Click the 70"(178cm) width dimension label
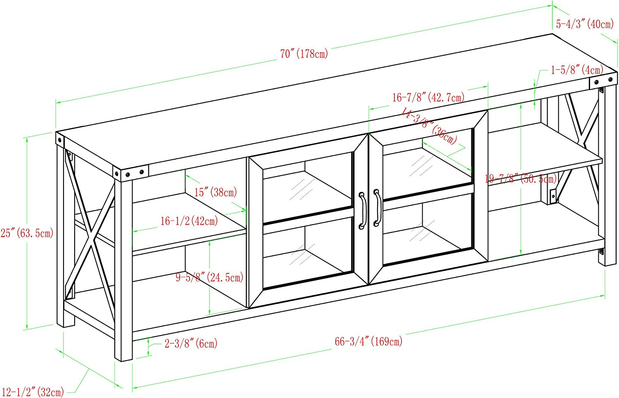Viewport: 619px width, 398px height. [304, 54]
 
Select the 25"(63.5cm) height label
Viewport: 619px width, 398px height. [27, 233]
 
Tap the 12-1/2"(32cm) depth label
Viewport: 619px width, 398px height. [33, 392]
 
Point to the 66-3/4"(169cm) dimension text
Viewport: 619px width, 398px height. [369, 341]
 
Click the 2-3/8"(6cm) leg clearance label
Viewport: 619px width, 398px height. [191, 343]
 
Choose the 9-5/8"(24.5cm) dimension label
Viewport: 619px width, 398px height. [210, 277]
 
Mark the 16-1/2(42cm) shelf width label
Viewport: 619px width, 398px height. [189, 221]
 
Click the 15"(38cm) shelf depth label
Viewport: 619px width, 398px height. [215, 192]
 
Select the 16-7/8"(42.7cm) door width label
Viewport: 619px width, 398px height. [428, 97]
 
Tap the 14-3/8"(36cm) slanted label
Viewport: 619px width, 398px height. [429, 126]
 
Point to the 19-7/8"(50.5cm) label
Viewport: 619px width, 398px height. [521, 179]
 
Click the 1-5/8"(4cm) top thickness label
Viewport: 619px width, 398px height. [577, 70]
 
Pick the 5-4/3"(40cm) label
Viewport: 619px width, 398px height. [585, 24]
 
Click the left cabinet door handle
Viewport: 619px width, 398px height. [362, 211]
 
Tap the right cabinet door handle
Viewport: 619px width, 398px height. [377, 208]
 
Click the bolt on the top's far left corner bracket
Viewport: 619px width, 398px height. [59, 140]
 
